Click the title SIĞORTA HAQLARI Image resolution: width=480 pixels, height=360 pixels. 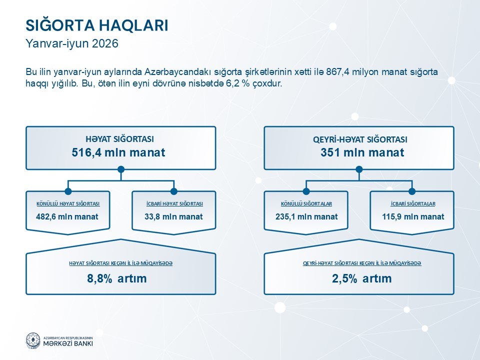point(97,25)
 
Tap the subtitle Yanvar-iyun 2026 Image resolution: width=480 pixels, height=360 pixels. point(72,43)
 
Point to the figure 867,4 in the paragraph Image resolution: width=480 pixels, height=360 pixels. point(337,72)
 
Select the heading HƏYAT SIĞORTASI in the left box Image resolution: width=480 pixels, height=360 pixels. point(119,139)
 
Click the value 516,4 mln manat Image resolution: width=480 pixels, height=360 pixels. point(118,152)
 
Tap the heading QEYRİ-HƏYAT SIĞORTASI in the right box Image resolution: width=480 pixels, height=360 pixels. point(360,139)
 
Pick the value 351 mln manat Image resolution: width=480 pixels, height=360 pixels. point(362,152)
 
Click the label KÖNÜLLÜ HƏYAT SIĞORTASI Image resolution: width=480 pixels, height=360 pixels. point(68,204)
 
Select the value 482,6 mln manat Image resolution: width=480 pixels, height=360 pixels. point(67,216)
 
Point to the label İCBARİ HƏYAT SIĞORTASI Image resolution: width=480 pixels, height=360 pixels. point(174,204)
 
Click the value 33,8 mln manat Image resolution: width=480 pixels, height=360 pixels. point(173,216)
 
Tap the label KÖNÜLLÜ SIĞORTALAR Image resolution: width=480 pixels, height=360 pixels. point(306,204)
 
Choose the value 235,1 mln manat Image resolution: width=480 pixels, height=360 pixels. point(306,216)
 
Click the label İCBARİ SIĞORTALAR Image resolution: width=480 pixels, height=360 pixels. point(413,204)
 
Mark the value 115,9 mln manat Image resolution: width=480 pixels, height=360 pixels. point(413,216)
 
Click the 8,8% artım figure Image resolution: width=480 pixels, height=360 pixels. point(117,278)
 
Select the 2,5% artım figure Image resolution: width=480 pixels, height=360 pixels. point(362,278)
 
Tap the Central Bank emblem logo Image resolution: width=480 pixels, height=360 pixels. point(33,340)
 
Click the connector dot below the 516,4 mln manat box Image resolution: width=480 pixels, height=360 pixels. point(121,169)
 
